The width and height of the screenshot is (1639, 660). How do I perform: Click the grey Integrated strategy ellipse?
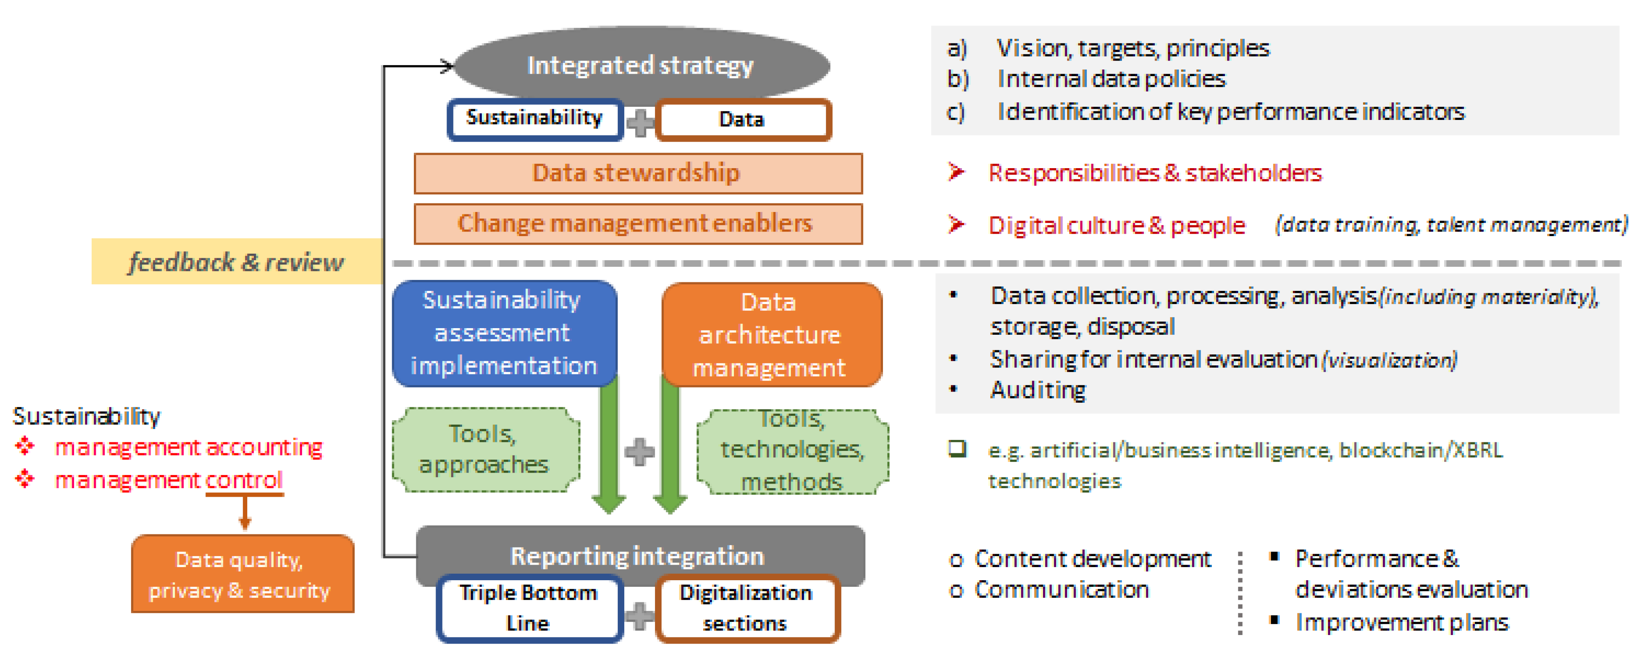[x=641, y=65]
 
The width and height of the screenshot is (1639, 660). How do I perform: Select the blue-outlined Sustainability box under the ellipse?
[x=535, y=118]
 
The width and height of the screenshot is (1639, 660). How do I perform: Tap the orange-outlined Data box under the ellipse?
[x=743, y=119]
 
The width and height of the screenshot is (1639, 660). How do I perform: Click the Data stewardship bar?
[x=637, y=173]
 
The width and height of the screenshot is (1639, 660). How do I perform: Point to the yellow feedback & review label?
[x=236, y=261]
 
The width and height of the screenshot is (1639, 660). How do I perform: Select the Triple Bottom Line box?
[x=529, y=608]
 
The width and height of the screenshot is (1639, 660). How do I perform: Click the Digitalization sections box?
[x=746, y=608]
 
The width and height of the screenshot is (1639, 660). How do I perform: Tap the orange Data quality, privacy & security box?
[x=242, y=574]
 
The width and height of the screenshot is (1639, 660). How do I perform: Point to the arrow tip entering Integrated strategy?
[x=450, y=65]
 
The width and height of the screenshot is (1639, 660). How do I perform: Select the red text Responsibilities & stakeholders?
[x=1155, y=173]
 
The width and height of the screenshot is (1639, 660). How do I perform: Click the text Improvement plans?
[x=1402, y=622]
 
